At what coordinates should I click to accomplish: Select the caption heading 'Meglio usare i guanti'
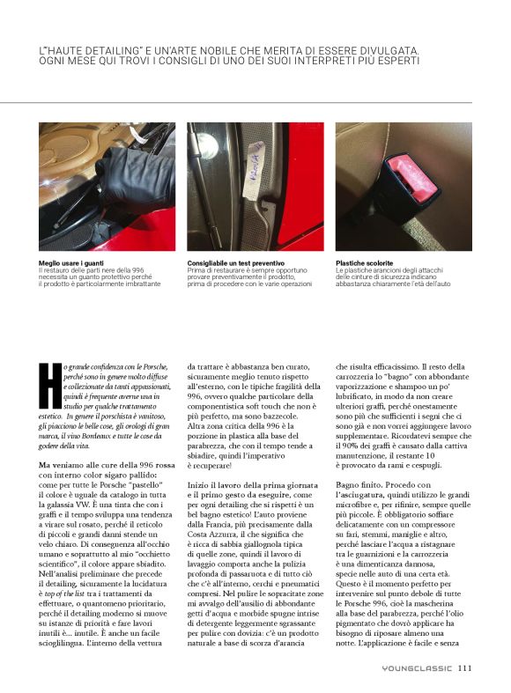pos(69,262)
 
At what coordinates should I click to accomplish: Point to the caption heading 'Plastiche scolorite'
pos(364,262)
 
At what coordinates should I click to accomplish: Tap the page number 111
pos(466,667)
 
